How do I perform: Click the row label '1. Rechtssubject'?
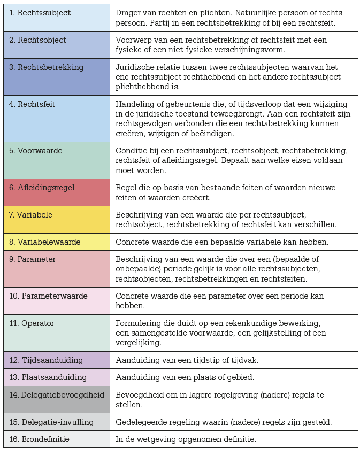coord(40,13)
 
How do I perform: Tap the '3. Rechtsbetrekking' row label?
coord(46,67)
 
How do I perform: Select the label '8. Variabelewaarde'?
coord(44,242)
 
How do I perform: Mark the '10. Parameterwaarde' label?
coord(48,296)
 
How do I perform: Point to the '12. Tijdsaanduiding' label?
coord(45,360)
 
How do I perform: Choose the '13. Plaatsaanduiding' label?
coord(47,377)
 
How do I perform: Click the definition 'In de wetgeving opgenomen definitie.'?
coord(186,439)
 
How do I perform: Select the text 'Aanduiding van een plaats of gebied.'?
coord(185,377)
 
